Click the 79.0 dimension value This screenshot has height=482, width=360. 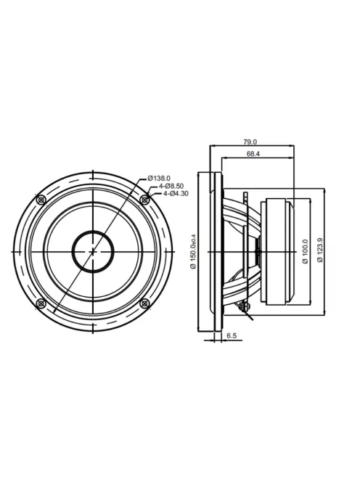pyautogui.click(x=250, y=142)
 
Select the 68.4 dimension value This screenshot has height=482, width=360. pyautogui.click(x=253, y=154)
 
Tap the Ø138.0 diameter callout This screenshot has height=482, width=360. pyautogui.click(x=159, y=178)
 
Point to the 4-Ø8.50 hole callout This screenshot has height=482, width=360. pyautogui.click(x=171, y=186)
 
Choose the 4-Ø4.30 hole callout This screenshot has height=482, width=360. pyautogui.click(x=176, y=194)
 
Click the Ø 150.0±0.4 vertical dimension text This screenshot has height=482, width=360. pyautogui.click(x=193, y=250)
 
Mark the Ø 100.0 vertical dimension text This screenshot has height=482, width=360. pyautogui.click(x=306, y=251)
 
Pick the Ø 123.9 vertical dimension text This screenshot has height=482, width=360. pyautogui.click(x=320, y=250)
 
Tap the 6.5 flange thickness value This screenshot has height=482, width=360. pyautogui.click(x=232, y=335)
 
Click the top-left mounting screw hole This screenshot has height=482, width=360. pyautogui.click(x=41, y=200)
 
